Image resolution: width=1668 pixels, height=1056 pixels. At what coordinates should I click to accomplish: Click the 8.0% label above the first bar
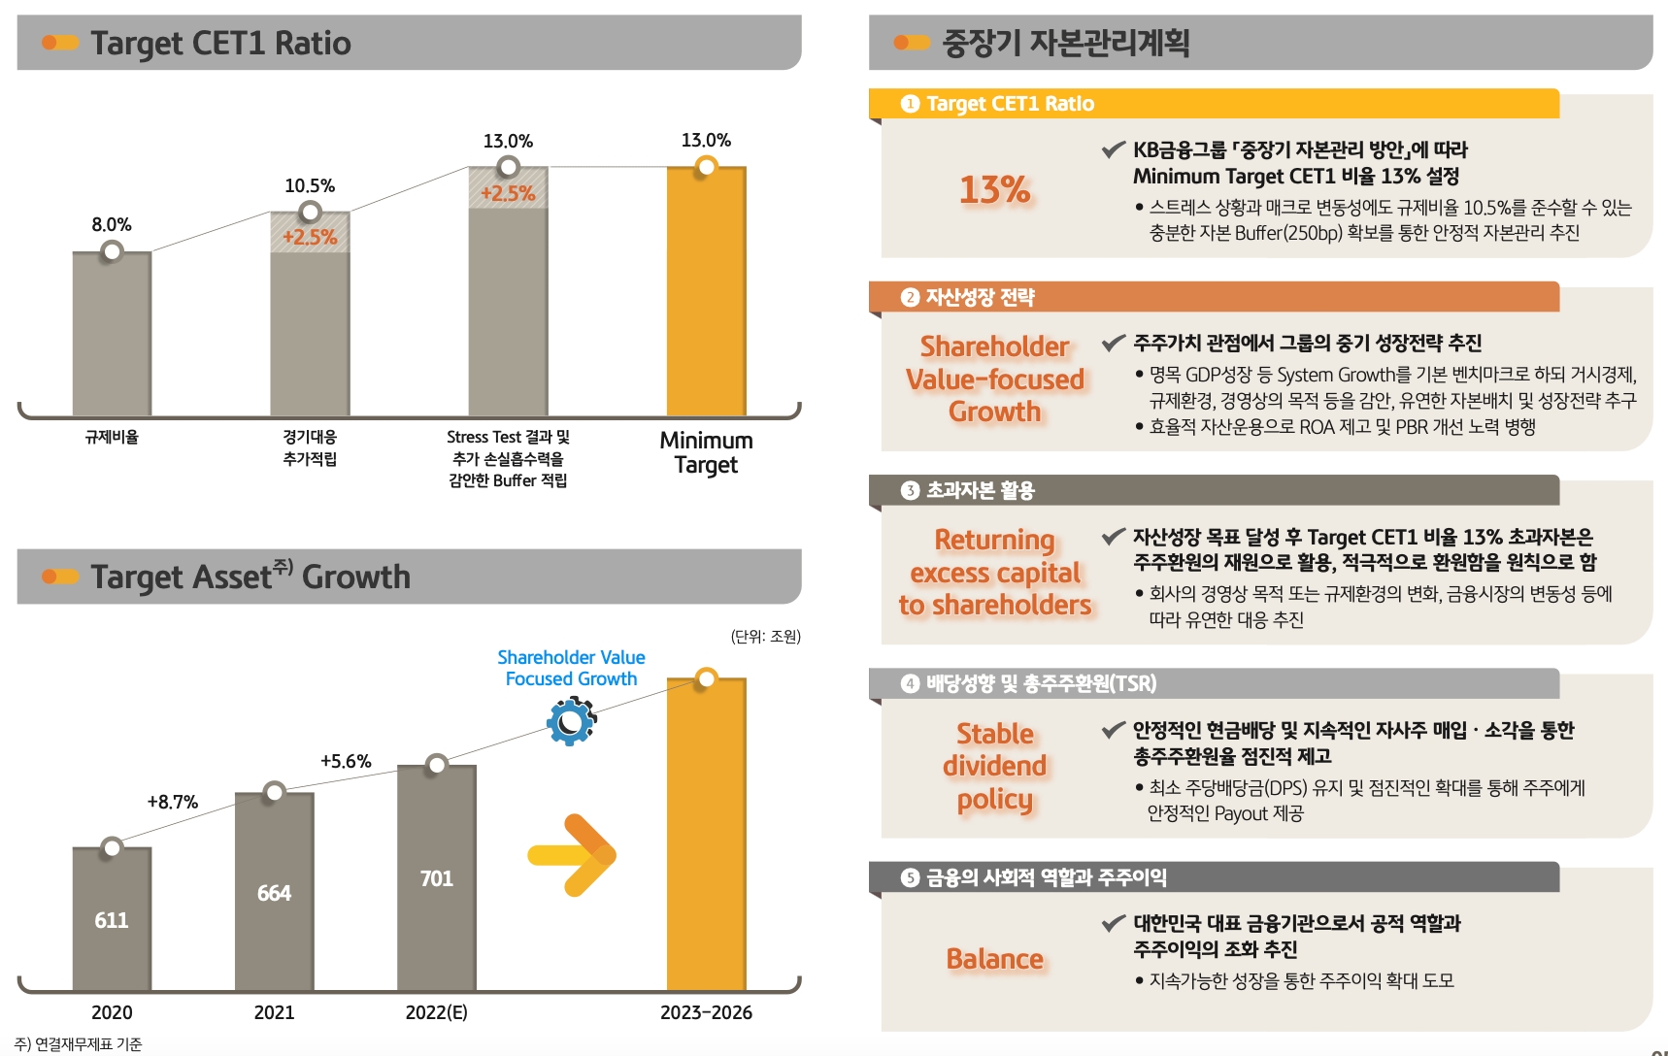[x=112, y=225]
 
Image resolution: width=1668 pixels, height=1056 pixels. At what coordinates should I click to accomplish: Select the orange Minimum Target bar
[x=706, y=291]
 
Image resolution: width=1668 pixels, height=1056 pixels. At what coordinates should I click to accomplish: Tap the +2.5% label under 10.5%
[x=310, y=237]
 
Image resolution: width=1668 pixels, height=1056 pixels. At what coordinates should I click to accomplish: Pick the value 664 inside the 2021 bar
[x=274, y=893]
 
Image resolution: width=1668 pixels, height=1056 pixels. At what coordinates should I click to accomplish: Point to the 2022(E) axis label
[x=436, y=1012]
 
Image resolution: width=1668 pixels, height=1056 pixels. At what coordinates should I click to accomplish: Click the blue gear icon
[x=571, y=722]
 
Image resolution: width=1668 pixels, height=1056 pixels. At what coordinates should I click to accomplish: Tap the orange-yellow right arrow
[x=573, y=855]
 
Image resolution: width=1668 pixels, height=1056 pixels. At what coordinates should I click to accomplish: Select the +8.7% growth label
[x=173, y=802]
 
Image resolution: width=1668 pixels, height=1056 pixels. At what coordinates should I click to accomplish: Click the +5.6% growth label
[x=346, y=761]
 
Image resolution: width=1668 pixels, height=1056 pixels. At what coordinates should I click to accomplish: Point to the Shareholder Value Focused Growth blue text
[x=571, y=668]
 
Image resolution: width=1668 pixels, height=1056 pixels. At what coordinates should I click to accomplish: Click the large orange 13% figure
[x=994, y=189]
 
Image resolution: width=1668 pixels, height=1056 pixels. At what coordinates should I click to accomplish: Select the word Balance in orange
[x=994, y=959]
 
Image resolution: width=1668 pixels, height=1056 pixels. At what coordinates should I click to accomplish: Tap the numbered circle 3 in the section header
[x=910, y=490]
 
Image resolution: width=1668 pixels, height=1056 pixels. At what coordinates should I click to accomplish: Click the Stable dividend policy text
[x=994, y=766]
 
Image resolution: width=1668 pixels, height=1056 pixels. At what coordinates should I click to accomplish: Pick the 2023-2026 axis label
[x=706, y=1012]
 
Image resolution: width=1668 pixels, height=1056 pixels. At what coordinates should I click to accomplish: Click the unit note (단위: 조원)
[x=765, y=637]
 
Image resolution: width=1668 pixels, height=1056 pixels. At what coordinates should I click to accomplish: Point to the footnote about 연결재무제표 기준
[x=79, y=1044]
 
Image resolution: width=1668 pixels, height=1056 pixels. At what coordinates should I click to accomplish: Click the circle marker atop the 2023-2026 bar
[x=706, y=678]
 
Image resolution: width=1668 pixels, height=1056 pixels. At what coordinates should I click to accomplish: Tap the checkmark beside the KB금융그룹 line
[x=1113, y=149]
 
